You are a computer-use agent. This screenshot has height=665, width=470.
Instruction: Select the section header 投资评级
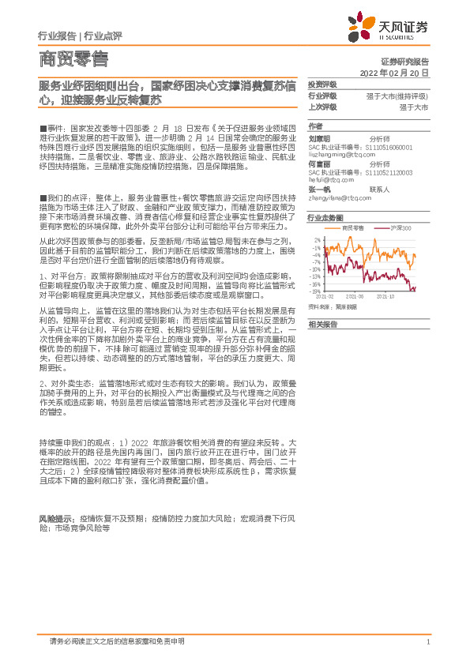click(322, 84)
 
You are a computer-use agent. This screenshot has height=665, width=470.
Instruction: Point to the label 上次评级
click(322, 106)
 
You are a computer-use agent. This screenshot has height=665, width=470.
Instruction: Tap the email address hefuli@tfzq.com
click(335, 178)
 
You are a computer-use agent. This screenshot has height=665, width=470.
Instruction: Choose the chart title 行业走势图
click(325, 216)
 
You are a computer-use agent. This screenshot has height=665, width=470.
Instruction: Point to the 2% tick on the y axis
click(317, 238)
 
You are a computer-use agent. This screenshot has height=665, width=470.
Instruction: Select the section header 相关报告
click(322, 325)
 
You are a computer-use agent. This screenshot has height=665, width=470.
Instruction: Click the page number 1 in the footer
click(427, 641)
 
